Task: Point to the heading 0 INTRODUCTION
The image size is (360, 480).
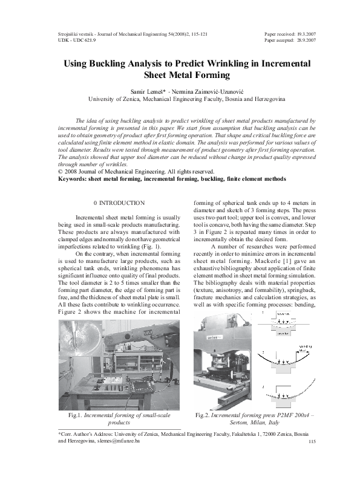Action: pos(120,203)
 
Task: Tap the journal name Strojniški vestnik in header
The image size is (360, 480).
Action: pos(78,34)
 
